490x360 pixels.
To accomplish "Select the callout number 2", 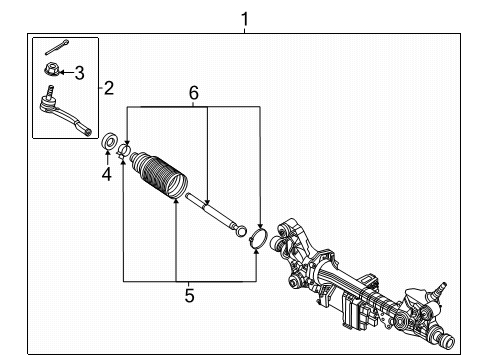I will pos(109,88).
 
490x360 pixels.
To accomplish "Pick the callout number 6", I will pos(193,93).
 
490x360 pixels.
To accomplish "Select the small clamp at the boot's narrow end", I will pos(124,151).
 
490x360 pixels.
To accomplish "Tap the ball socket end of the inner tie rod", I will pos(240,232).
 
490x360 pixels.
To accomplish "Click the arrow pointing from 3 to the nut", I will pos(65,70).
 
